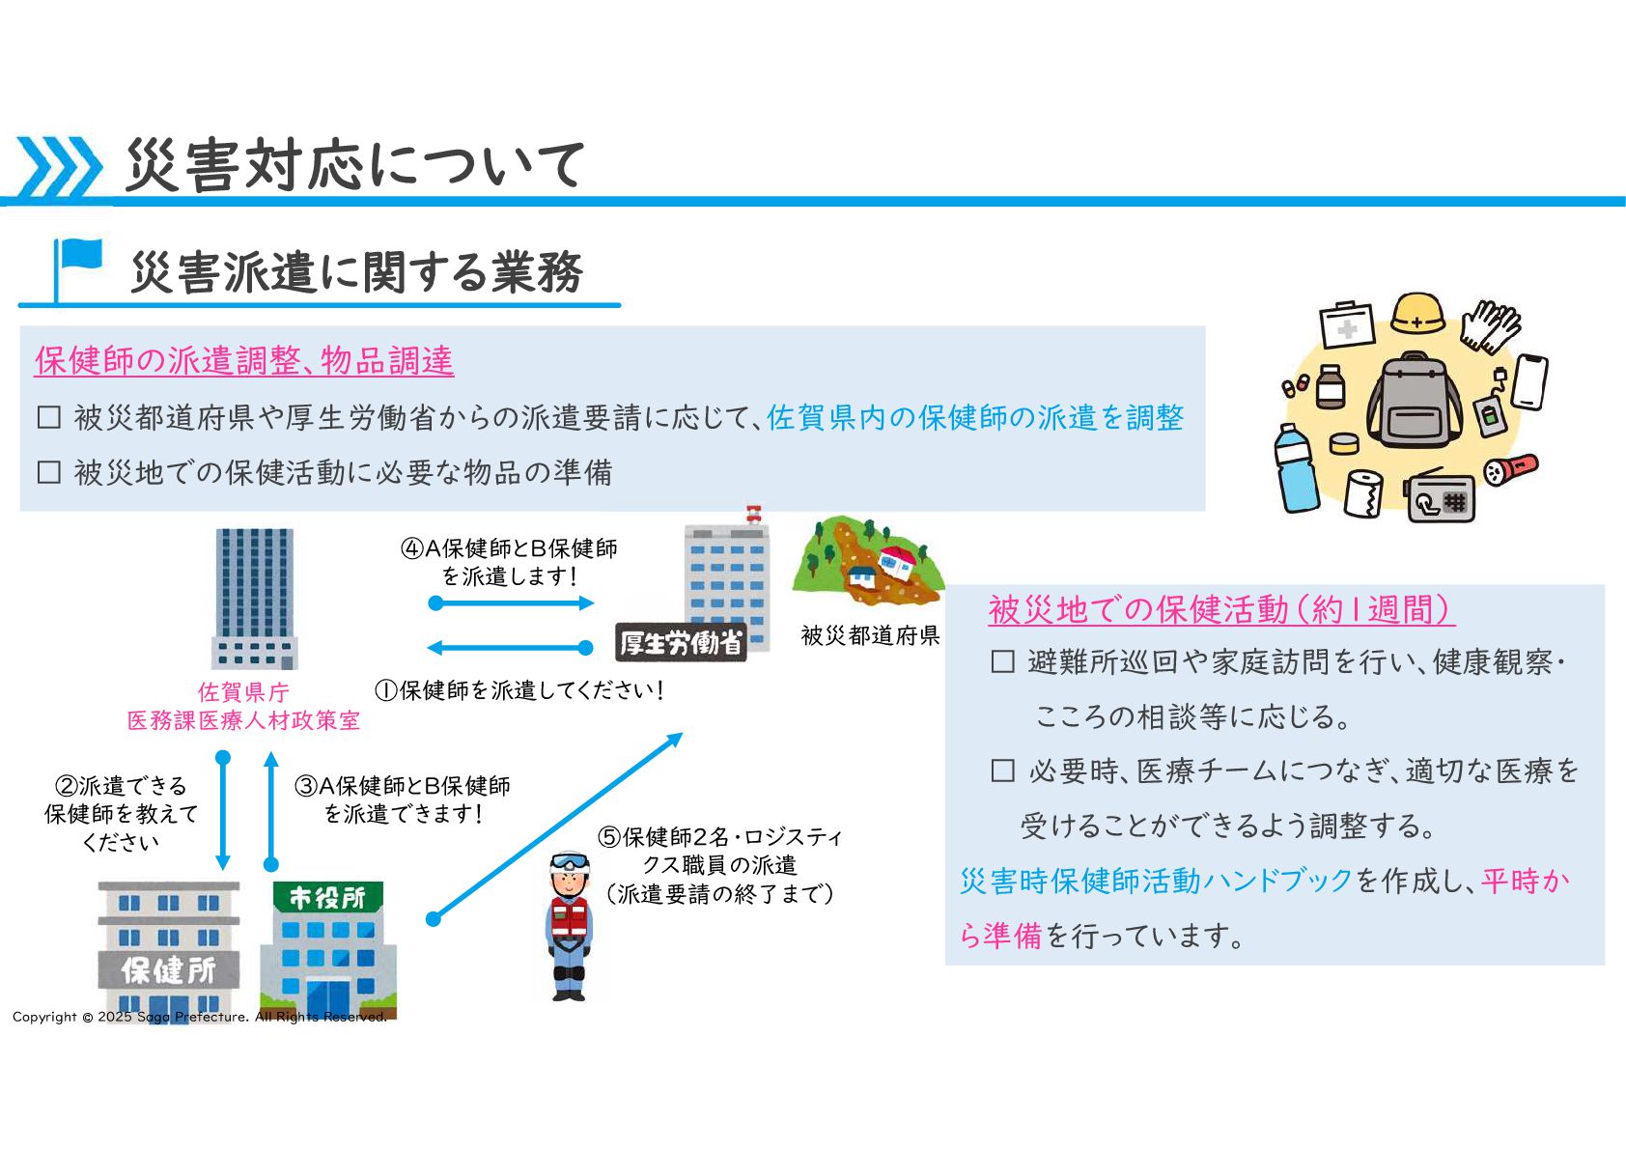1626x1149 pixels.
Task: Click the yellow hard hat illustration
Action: click(x=1417, y=314)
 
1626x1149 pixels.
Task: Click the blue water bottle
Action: click(x=1296, y=468)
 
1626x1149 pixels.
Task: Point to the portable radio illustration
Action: click(x=1440, y=498)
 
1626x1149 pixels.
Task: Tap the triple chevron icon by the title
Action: click(x=59, y=167)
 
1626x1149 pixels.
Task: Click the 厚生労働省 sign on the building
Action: click(x=681, y=643)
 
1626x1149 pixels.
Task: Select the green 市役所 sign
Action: click(x=327, y=897)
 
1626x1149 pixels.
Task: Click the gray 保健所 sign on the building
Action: click(x=169, y=969)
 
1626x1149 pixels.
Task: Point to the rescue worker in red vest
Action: click(x=569, y=925)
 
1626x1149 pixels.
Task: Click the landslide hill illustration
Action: click(x=866, y=560)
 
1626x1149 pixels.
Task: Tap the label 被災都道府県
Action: click(x=870, y=635)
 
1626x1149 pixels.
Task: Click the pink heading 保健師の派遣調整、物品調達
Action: click(x=244, y=360)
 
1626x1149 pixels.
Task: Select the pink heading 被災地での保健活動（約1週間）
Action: click(x=1220, y=609)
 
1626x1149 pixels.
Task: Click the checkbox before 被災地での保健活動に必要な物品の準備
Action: click(x=48, y=472)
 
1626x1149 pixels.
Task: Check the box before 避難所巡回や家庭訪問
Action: click(x=1003, y=661)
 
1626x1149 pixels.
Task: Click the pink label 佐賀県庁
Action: click(x=243, y=692)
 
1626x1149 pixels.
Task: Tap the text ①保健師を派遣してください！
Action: click(x=519, y=690)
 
